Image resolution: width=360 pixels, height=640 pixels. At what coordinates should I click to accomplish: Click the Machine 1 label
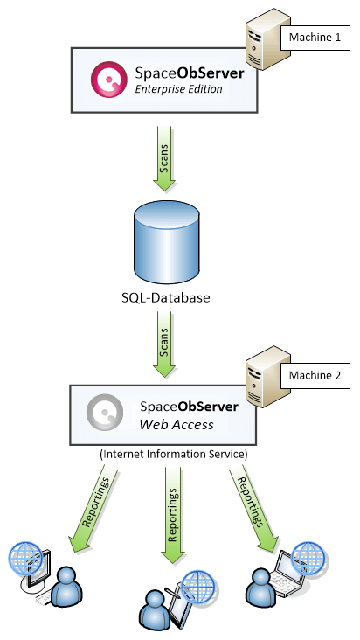pyautogui.click(x=315, y=39)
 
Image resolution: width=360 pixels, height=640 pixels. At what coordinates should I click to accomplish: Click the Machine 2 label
pyautogui.click(x=315, y=377)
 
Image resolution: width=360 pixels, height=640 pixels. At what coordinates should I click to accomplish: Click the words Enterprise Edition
pyautogui.click(x=179, y=89)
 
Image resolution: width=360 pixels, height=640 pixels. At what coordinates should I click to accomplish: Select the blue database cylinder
pyautogui.click(x=166, y=242)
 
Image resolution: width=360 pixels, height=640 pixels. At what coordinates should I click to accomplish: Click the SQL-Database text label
pyautogui.click(x=166, y=298)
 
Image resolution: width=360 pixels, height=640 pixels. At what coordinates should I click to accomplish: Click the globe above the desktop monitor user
pyautogui.click(x=24, y=557)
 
